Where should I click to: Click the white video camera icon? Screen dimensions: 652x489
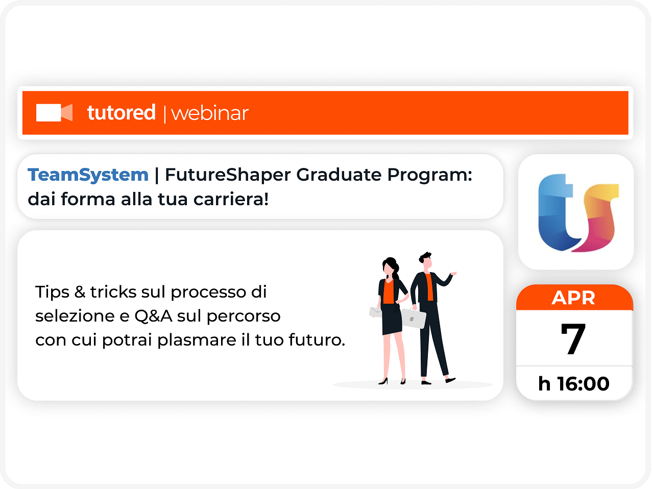click(x=54, y=112)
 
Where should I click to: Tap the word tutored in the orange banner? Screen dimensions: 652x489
click(x=121, y=112)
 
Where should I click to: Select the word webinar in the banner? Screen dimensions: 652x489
click(x=210, y=113)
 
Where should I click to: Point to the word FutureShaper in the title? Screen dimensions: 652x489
click(x=228, y=175)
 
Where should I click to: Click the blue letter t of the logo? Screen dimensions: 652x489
click(x=556, y=212)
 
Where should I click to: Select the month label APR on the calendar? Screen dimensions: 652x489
click(x=573, y=298)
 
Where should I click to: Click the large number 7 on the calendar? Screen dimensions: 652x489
click(x=573, y=338)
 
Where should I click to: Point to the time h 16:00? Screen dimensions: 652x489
click(x=573, y=384)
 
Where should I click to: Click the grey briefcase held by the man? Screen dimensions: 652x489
click(x=413, y=318)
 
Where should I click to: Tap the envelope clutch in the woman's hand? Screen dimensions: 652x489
click(x=375, y=312)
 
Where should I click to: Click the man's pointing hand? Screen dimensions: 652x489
click(x=453, y=273)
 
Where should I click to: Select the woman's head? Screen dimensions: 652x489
click(x=390, y=266)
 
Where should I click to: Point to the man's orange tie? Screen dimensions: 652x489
click(x=429, y=287)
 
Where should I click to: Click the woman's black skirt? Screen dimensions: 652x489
click(x=392, y=319)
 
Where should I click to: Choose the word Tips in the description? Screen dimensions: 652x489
click(x=52, y=292)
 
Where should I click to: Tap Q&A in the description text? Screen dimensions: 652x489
click(x=154, y=316)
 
